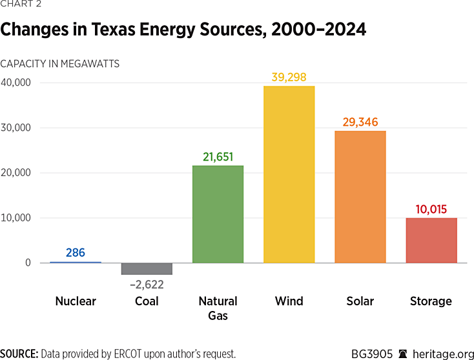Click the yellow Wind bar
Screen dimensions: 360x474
tap(289, 174)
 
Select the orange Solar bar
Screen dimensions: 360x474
tap(360, 197)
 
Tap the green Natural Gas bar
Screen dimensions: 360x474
tap(218, 214)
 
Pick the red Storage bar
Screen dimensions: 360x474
tap(431, 240)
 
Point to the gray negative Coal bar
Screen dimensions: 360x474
tap(147, 268)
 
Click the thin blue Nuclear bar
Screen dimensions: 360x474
tap(76, 262)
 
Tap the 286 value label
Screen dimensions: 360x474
tap(76, 253)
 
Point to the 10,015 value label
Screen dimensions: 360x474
tap(431, 209)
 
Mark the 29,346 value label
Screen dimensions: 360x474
tap(360, 122)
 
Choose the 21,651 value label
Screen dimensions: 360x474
tap(218, 157)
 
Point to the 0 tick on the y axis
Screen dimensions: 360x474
tap(28, 263)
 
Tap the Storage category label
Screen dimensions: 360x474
tap(431, 301)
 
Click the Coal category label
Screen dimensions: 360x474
tap(147, 301)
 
